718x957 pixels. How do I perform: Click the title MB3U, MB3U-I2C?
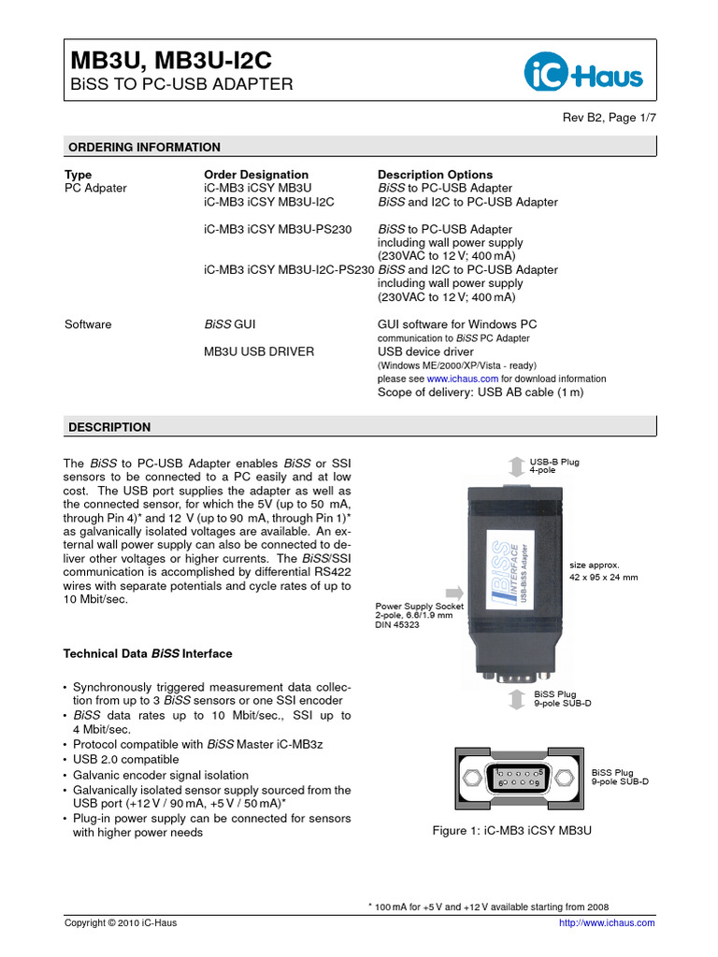pyautogui.click(x=172, y=61)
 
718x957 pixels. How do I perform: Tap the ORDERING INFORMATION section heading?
pyautogui.click(x=145, y=147)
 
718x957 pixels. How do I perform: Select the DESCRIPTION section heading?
pyautogui.click(x=109, y=427)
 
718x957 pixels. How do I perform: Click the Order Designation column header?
pyautogui.click(x=255, y=175)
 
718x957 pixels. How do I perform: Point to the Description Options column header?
pyautogui.click(x=435, y=175)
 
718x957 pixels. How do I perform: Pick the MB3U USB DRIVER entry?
pyautogui.click(x=259, y=351)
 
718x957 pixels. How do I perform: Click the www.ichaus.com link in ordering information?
pyautogui.click(x=463, y=379)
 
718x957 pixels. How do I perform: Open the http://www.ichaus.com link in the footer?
pyautogui.click(x=606, y=922)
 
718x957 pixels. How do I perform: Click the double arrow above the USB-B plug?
pyautogui.click(x=516, y=465)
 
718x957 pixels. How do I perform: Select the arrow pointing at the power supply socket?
pyautogui.click(x=453, y=591)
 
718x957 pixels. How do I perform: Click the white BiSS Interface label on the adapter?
pyautogui.click(x=514, y=573)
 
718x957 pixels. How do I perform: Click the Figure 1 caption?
pyautogui.click(x=512, y=830)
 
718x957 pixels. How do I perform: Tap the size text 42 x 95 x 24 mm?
pyautogui.click(x=604, y=578)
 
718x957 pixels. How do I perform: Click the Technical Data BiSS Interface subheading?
pyautogui.click(x=148, y=653)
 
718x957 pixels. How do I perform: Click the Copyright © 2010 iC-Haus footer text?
pyautogui.click(x=120, y=922)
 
